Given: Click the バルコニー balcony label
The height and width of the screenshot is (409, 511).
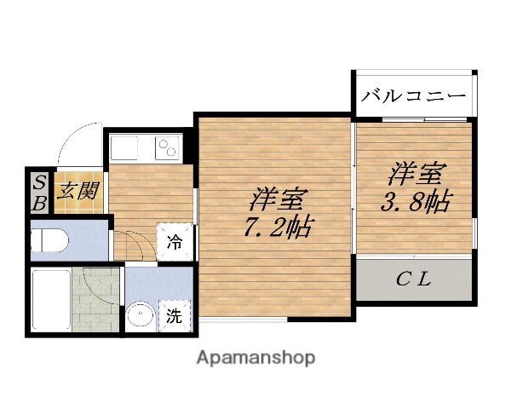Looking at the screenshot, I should click(412, 95).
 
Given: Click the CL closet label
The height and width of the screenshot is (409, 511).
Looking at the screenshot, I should click(414, 278).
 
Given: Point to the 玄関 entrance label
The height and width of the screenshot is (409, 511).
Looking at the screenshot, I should click(76, 191).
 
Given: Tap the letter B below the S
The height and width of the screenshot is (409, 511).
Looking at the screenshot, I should click(39, 203).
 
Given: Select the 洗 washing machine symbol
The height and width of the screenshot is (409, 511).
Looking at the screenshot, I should click(173, 317).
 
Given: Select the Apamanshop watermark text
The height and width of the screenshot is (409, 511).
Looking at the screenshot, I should click(255, 357).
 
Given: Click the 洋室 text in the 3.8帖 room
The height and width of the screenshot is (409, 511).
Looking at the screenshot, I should click(416, 175).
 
